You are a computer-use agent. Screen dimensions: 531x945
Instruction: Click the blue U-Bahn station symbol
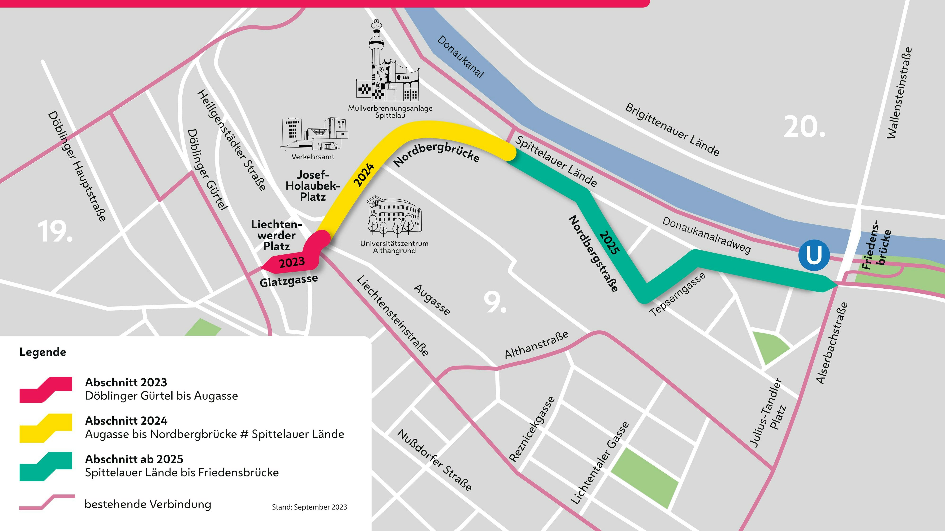pyautogui.click(x=814, y=255)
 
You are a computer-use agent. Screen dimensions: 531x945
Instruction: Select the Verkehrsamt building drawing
pyautogui.click(x=314, y=134)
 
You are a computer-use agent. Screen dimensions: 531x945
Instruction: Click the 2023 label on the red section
pyautogui.click(x=292, y=262)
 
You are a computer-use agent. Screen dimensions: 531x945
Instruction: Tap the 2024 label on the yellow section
pyautogui.click(x=364, y=175)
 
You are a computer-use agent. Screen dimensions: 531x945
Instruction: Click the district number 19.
pyautogui.click(x=55, y=232)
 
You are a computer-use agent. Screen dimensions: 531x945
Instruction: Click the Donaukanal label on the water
pyautogui.click(x=461, y=57)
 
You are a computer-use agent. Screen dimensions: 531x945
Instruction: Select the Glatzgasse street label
pyautogui.click(x=289, y=281)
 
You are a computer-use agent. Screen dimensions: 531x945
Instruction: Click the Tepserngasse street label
pyautogui.click(x=677, y=294)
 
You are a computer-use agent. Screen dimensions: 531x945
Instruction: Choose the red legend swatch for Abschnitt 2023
pyautogui.click(x=46, y=390)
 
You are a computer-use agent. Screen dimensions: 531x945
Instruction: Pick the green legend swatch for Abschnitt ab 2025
pyautogui.click(x=46, y=466)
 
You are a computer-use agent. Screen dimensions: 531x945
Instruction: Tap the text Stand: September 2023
pyautogui.click(x=309, y=507)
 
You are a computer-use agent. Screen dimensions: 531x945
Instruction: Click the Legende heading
pyautogui.click(x=43, y=352)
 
